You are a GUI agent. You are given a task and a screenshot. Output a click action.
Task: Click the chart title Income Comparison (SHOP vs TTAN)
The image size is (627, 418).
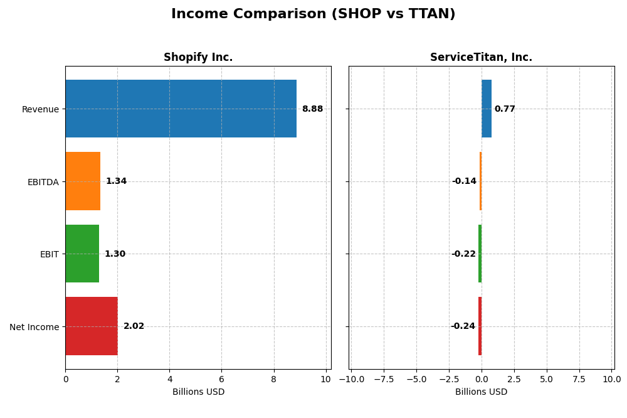click(313, 14)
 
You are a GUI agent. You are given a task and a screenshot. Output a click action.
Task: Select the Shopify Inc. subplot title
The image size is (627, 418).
click(198, 58)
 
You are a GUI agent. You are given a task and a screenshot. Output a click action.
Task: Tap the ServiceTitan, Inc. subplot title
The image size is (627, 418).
click(481, 58)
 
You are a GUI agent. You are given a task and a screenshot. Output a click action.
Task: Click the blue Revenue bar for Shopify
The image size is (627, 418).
click(181, 109)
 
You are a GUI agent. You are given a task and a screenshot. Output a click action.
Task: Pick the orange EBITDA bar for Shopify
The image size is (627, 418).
click(83, 181)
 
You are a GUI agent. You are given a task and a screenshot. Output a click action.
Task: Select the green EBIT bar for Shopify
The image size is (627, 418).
click(82, 254)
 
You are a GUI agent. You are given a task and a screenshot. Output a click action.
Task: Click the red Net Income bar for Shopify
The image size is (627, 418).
click(92, 326)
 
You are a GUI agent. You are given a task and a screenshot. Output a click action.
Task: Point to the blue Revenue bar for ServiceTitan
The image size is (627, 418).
click(487, 109)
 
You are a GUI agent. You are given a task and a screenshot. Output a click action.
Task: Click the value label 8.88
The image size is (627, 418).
click(312, 109)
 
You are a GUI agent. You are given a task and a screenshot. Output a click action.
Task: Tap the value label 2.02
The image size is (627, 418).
click(134, 326)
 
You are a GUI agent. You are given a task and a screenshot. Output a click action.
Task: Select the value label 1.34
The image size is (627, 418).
click(116, 181)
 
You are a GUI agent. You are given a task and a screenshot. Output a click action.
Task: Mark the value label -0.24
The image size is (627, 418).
click(463, 326)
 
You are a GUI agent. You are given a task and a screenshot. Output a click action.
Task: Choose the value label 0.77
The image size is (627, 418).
click(505, 109)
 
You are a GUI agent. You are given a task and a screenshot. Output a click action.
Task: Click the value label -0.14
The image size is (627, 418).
click(464, 181)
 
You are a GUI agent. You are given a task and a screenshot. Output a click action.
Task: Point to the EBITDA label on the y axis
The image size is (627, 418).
click(43, 182)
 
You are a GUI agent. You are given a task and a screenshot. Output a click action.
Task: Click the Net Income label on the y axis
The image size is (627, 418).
click(34, 327)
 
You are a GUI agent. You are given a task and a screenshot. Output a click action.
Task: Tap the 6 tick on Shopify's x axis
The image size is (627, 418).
click(221, 379)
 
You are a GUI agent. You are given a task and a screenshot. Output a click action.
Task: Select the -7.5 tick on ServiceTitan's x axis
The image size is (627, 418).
click(384, 379)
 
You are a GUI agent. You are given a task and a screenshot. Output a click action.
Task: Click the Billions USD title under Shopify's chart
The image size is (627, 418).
click(198, 392)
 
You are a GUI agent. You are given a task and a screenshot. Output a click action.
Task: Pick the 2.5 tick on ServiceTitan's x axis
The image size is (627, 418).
click(514, 379)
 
